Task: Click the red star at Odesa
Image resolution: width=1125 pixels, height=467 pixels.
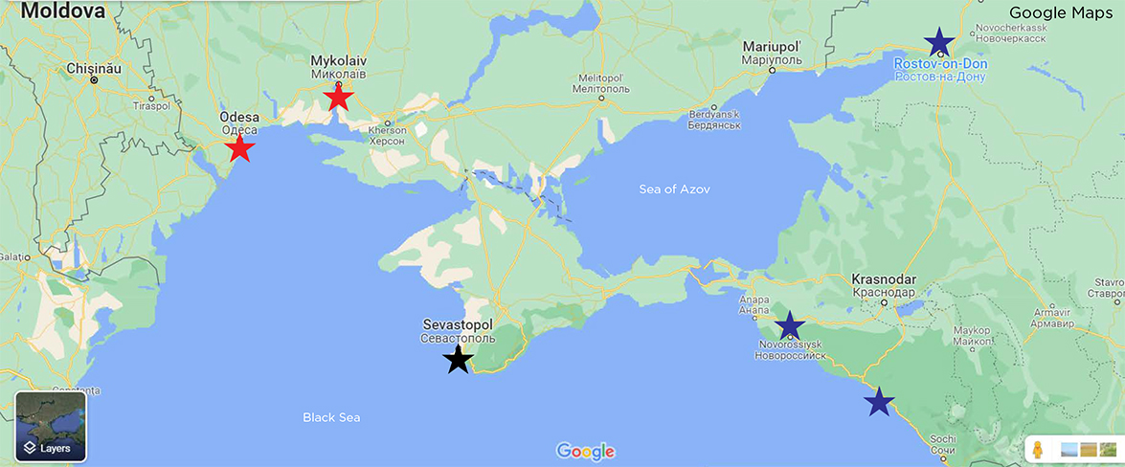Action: tap(239, 149)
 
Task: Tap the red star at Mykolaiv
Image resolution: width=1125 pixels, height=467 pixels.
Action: tap(338, 98)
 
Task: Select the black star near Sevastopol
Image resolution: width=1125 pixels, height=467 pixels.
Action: tap(459, 360)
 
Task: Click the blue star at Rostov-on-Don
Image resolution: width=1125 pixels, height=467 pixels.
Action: tap(939, 42)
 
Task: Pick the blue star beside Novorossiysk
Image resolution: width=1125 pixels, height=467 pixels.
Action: tap(789, 326)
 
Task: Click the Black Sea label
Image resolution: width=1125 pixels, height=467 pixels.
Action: tap(331, 417)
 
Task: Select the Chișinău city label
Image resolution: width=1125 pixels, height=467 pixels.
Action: tap(94, 69)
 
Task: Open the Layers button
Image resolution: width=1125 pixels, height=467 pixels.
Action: tap(51, 426)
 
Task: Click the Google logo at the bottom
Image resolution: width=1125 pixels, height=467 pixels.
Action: tap(585, 452)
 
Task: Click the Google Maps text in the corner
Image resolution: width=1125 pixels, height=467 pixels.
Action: tap(1061, 13)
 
